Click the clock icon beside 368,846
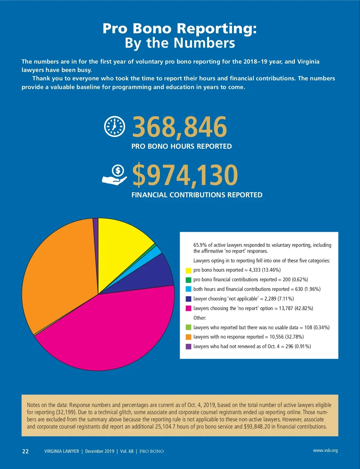[x=114, y=126]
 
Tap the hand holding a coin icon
[x=115, y=175]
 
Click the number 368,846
[x=179, y=127]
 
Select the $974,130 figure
[x=185, y=175]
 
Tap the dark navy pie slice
[x=150, y=276]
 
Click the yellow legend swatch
[x=188, y=270]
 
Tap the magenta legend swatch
[x=188, y=308]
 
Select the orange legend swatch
[x=188, y=337]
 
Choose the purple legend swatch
[x=188, y=346]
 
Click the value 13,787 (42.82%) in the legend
[x=296, y=308]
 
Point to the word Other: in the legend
[x=200, y=318]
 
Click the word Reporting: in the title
[x=217, y=29]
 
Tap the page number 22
[x=25, y=451]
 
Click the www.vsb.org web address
[x=325, y=450]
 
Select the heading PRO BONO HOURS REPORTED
[x=181, y=146]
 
